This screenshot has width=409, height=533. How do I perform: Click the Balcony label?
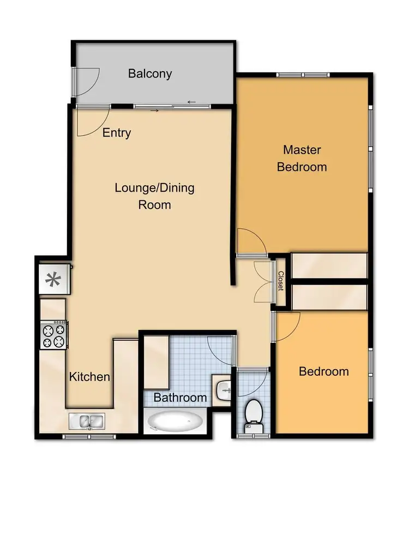pos(150,73)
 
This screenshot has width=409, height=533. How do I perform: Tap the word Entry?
pos(117,133)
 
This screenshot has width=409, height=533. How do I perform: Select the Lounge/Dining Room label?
pos(154,197)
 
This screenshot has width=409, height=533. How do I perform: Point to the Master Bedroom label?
pos(302,158)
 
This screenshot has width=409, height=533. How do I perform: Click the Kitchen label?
pos(89,377)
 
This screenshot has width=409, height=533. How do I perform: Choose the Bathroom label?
pos(180,398)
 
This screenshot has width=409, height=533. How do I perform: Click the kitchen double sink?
pos(88,422)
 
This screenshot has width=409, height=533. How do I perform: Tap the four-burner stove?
pos(54,335)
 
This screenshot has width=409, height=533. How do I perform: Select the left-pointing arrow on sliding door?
pos(191,102)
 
